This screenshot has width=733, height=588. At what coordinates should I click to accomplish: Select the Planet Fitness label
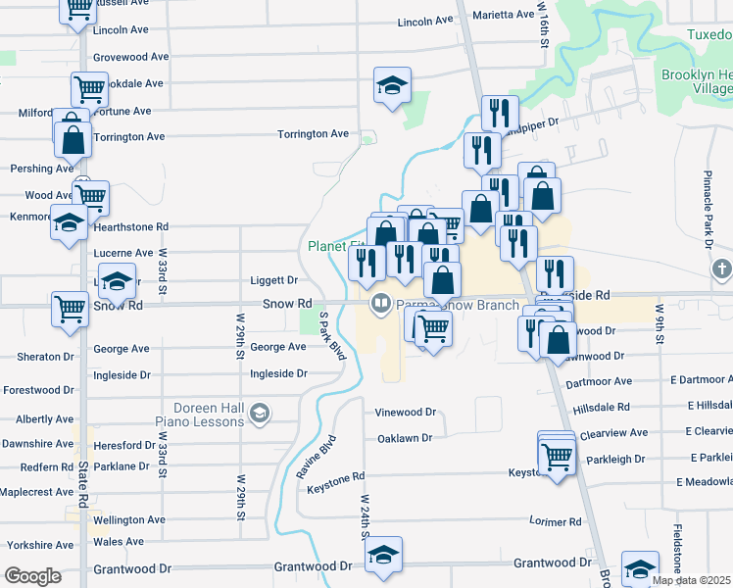[x=335, y=246]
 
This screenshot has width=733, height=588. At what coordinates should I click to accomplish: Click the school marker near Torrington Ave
[x=392, y=85]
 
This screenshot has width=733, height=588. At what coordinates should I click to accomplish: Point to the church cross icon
[x=721, y=269]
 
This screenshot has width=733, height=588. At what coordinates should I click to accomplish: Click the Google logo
[x=33, y=576]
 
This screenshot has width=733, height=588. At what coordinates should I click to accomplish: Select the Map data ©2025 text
[x=691, y=580]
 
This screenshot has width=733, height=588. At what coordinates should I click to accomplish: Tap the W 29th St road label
[x=240, y=334]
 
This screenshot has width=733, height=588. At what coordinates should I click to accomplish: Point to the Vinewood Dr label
[x=405, y=413]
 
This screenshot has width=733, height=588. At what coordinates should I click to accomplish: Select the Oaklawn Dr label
[x=405, y=438]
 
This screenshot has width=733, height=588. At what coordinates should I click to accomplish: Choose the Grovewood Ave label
[x=131, y=57]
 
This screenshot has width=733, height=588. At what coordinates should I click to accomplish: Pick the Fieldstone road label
[x=677, y=549]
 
